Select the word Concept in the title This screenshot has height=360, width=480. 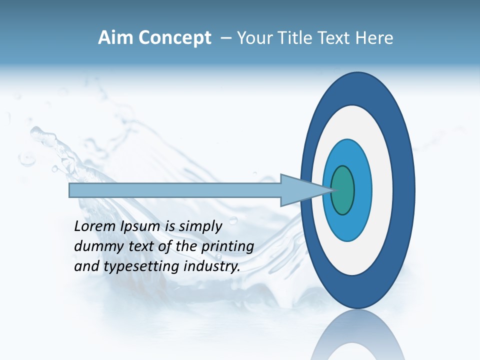pyautogui.click(x=174, y=38)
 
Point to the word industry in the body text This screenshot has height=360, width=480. pyautogui.click(x=212, y=266)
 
